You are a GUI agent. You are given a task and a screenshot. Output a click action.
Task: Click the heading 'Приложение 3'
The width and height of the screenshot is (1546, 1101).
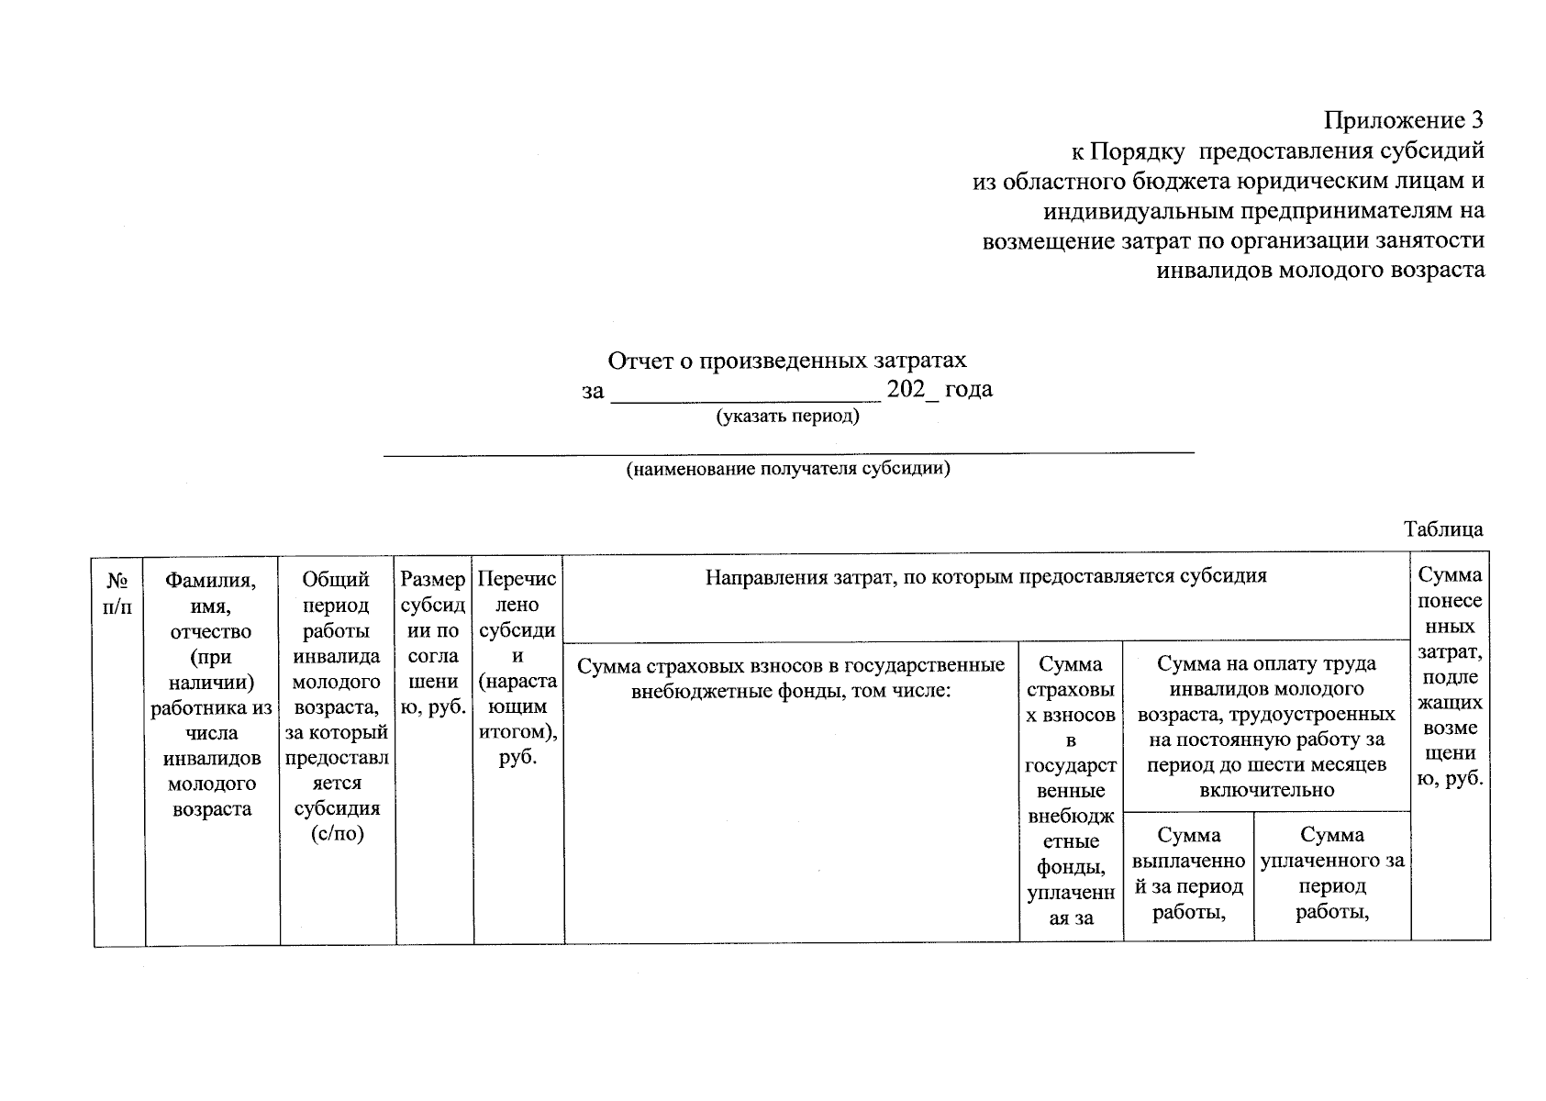click(x=1403, y=120)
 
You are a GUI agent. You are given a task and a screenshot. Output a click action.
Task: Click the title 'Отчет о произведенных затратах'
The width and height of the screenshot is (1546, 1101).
click(x=787, y=361)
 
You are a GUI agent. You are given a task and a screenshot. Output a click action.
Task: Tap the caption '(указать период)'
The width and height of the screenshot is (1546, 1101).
click(x=787, y=417)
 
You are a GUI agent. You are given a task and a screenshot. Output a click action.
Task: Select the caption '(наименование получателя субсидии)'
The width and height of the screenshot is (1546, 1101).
click(x=787, y=470)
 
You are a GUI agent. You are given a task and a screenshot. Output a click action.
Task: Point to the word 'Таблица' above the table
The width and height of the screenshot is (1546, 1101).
click(x=1442, y=529)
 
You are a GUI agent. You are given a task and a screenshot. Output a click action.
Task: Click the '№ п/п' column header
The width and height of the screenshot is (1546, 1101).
click(x=118, y=593)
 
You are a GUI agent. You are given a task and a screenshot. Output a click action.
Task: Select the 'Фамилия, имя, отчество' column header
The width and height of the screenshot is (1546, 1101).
click(x=211, y=694)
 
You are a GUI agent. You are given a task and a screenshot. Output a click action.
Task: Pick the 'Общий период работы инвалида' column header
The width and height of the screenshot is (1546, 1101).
click(x=337, y=706)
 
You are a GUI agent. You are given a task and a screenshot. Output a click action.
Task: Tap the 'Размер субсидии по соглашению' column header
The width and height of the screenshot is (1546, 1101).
click(x=433, y=643)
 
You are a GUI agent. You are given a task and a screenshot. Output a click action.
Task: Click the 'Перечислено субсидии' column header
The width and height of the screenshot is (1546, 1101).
click(x=517, y=667)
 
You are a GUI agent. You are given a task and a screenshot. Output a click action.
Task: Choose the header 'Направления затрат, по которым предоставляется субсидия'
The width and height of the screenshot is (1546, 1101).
click(x=985, y=576)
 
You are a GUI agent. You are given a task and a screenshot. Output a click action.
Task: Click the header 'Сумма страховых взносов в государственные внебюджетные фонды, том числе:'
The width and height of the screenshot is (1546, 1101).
click(x=790, y=677)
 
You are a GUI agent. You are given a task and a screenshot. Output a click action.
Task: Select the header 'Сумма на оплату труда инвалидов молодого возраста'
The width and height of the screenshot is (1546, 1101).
click(x=1265, y=726)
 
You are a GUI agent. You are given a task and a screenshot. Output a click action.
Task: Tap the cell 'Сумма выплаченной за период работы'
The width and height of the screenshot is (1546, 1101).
click(x=1188, y=873)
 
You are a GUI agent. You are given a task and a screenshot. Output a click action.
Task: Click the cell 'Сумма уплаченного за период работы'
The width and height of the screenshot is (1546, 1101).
click(x=1331, y=873)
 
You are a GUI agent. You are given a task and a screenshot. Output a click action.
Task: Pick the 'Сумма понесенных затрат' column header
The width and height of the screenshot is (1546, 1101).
click(x=1450, y=676)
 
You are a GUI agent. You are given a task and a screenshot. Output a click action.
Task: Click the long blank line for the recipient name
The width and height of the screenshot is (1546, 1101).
click(x=787, y=451)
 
